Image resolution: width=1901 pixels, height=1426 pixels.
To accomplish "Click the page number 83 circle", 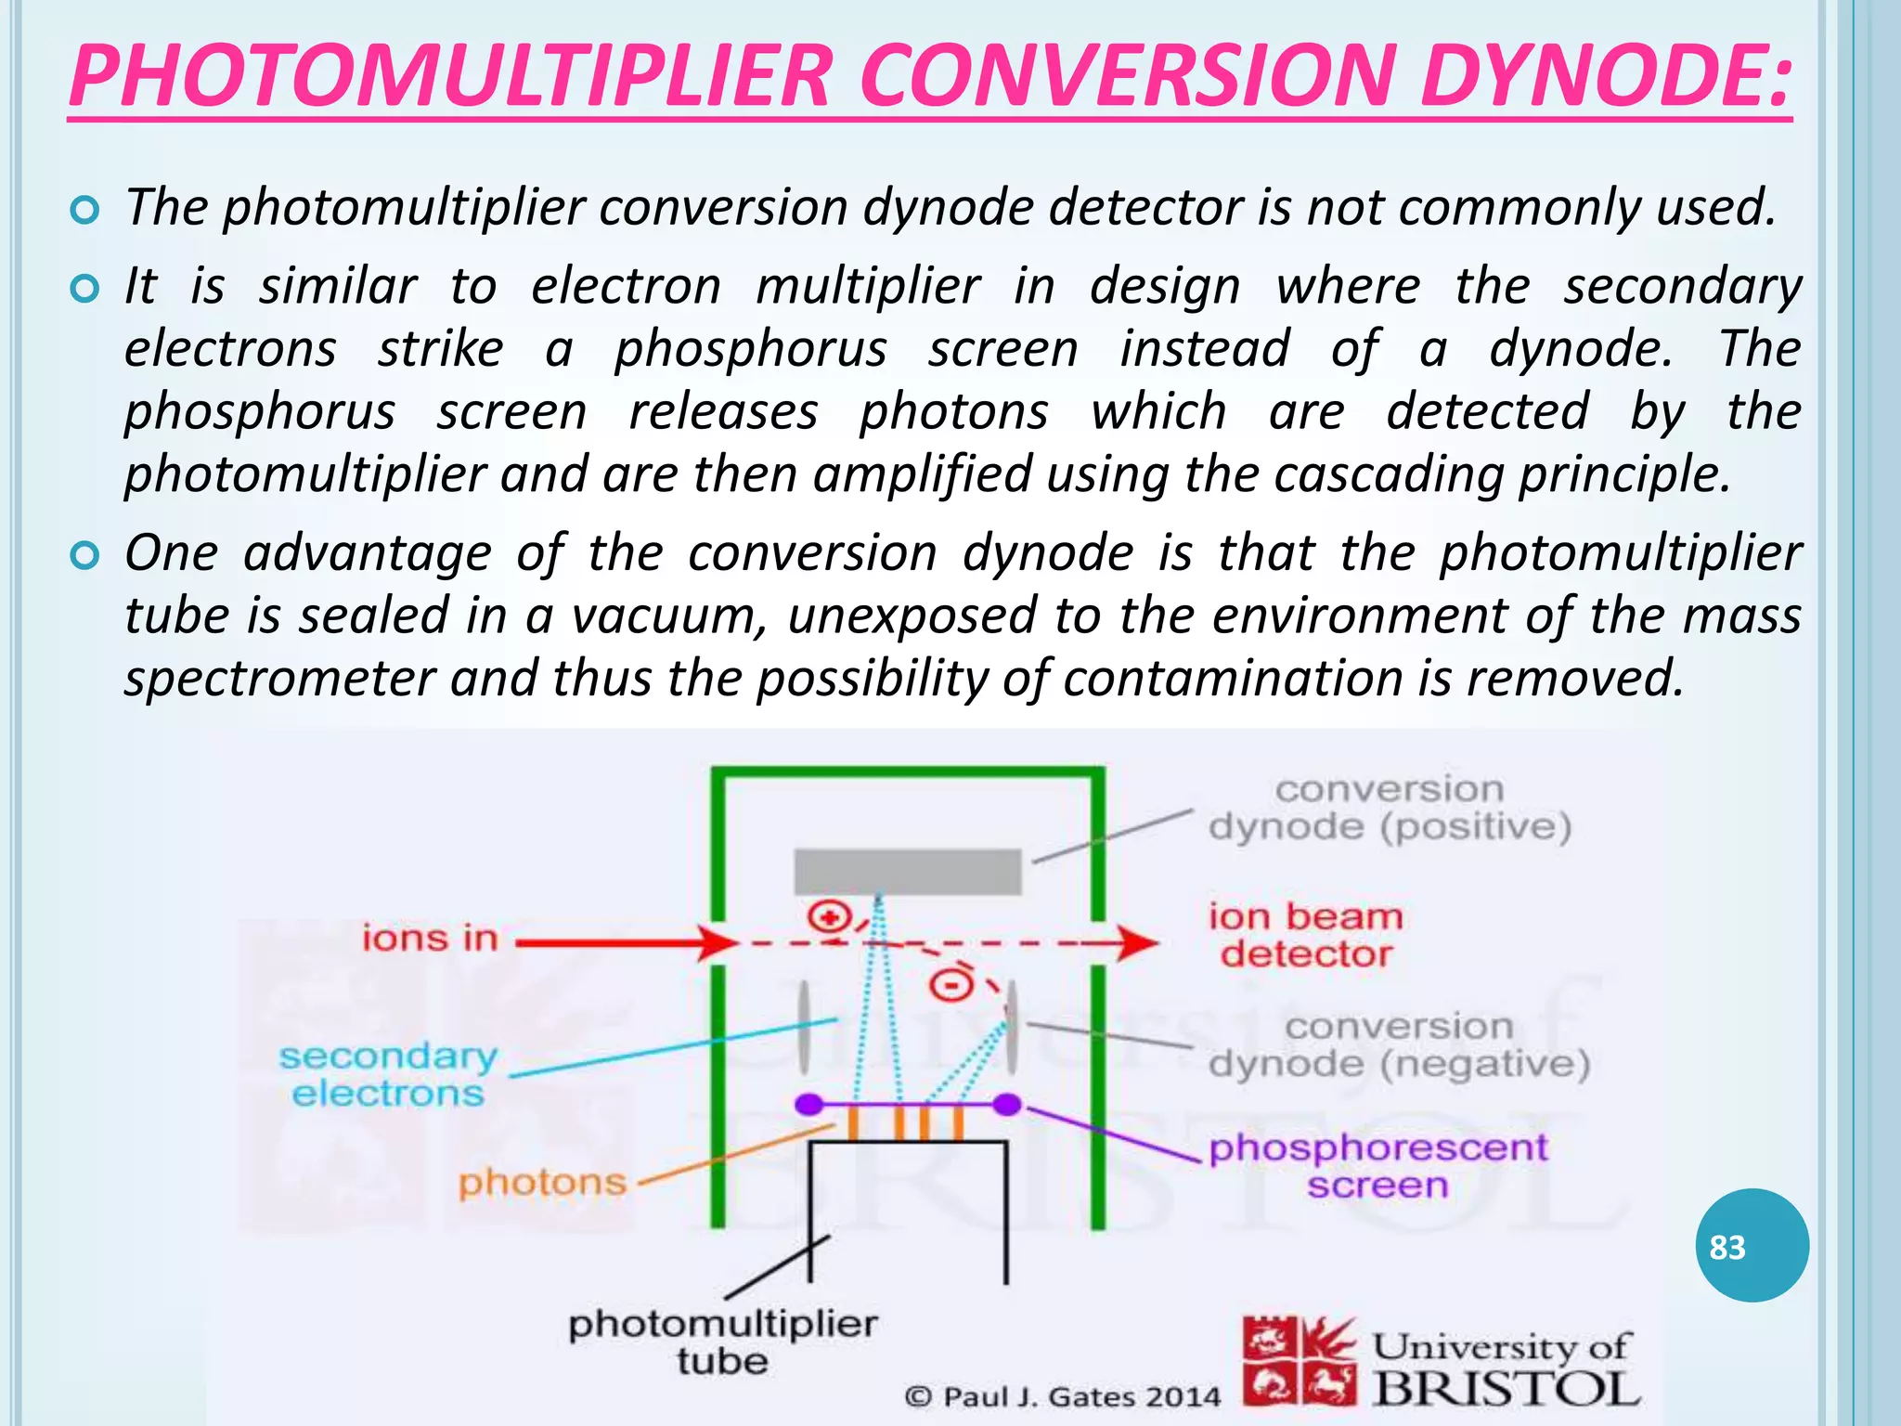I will (x=1752, y=1246).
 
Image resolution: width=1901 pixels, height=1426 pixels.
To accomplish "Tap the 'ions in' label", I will (x=430, y=939).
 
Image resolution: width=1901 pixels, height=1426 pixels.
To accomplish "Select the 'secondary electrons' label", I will (x=388, y=1075).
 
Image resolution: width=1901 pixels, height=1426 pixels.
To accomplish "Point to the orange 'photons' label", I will (x=542, y=1183).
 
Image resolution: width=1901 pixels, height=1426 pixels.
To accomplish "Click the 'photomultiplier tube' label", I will (x=722, y=1342).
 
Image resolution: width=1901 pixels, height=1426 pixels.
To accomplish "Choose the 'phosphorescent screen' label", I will (x=1377, y=1166).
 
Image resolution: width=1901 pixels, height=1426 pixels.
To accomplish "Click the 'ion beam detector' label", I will (x=1305, y=935).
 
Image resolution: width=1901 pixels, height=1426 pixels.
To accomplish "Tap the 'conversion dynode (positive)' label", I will (x=1389, y=808).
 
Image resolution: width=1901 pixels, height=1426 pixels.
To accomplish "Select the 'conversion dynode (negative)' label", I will (x=1399, y=1045).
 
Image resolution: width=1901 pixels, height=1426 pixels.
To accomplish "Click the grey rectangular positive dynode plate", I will (x=907, y=872).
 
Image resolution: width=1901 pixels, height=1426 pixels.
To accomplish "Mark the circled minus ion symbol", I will (x=950, y=984).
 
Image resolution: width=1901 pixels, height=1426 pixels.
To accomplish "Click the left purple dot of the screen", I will (x=809, y=1105).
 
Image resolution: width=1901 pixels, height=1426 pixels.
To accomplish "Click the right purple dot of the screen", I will (x=1006, y=1105).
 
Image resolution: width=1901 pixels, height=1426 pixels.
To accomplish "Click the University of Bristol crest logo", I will (x=1299, y=1361).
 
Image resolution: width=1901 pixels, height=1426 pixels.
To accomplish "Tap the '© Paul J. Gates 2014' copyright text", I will (x=1063, y=1397).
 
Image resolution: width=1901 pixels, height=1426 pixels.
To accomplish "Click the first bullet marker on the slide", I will (x=84, y=211).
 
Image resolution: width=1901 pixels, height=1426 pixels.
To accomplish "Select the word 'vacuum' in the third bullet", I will (x=668, y=616).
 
